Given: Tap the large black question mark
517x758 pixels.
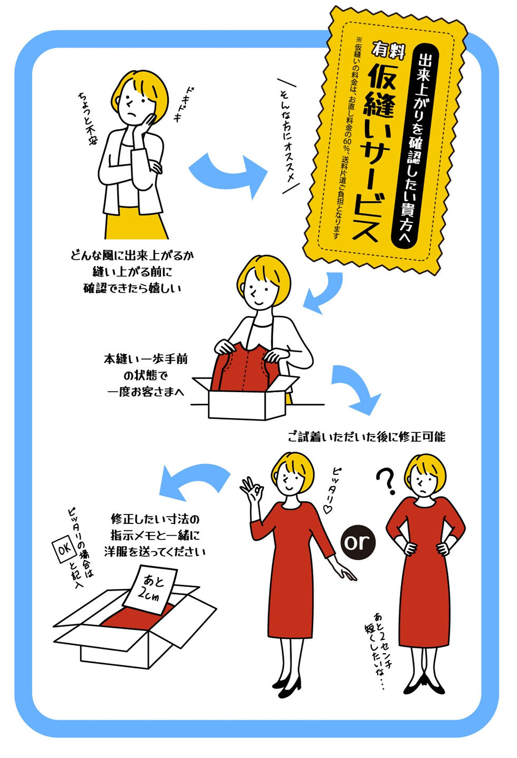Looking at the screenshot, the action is point(387,481).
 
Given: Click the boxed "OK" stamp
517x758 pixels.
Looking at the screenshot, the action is point(64,550).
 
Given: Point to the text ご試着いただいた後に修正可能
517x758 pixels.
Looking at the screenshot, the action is point(367,436).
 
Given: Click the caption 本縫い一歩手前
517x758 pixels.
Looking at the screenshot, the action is point(145,359).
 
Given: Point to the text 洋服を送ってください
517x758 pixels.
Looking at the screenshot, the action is point(155,551).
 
